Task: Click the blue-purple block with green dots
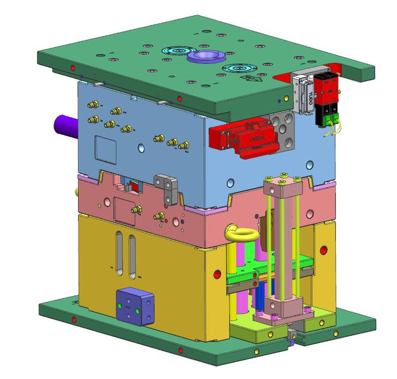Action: (135, 306)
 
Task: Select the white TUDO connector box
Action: (303, 94)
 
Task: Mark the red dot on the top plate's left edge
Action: (72, 67)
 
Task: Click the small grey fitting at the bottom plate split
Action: (292, 338)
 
